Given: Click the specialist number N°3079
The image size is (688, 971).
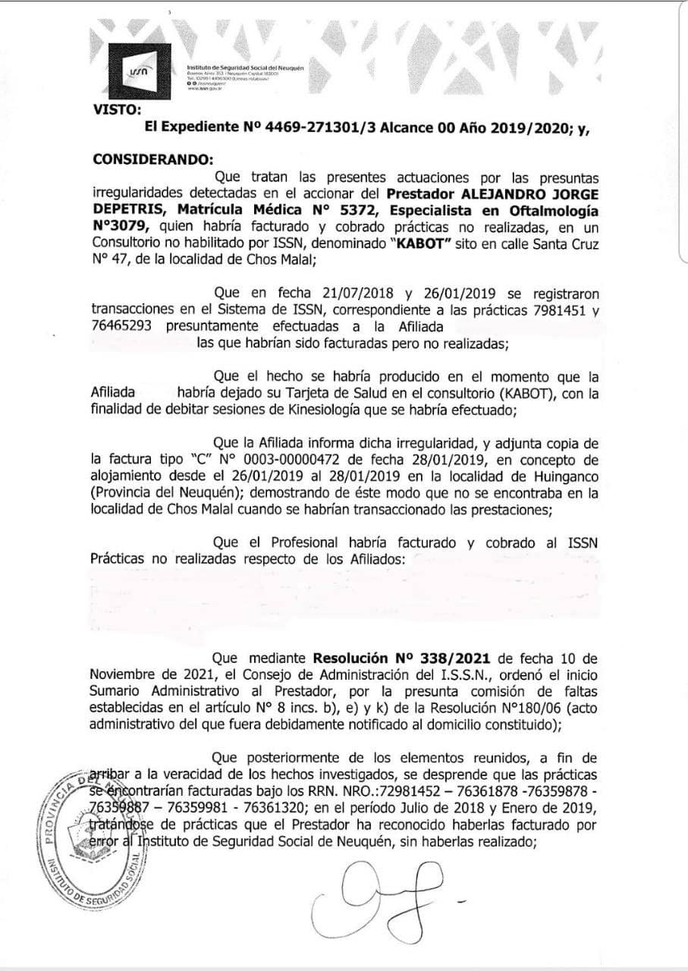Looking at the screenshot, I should point(118,227).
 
